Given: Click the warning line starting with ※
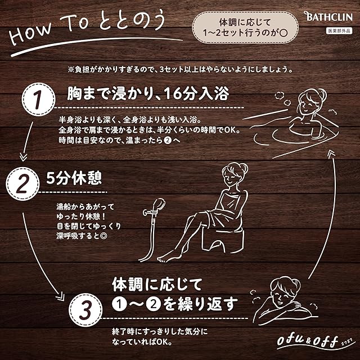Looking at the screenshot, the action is tap(179, 70).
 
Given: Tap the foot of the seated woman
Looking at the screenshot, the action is tap(165, 258).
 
